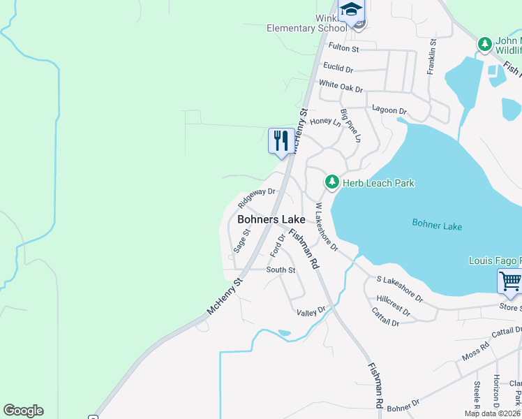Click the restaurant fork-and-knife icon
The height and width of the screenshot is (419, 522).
281,140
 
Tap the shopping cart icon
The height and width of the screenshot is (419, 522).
510,281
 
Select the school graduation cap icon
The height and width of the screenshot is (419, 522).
351,9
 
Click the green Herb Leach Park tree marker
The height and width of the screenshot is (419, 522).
331,183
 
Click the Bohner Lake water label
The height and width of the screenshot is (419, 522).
437,226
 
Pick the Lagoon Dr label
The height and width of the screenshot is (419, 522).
389,110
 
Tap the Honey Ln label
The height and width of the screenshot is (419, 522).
325,122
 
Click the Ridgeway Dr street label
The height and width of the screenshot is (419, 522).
257,197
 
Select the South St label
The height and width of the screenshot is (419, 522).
281,270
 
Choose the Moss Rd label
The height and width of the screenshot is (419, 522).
475,352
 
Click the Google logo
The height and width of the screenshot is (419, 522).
23,411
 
